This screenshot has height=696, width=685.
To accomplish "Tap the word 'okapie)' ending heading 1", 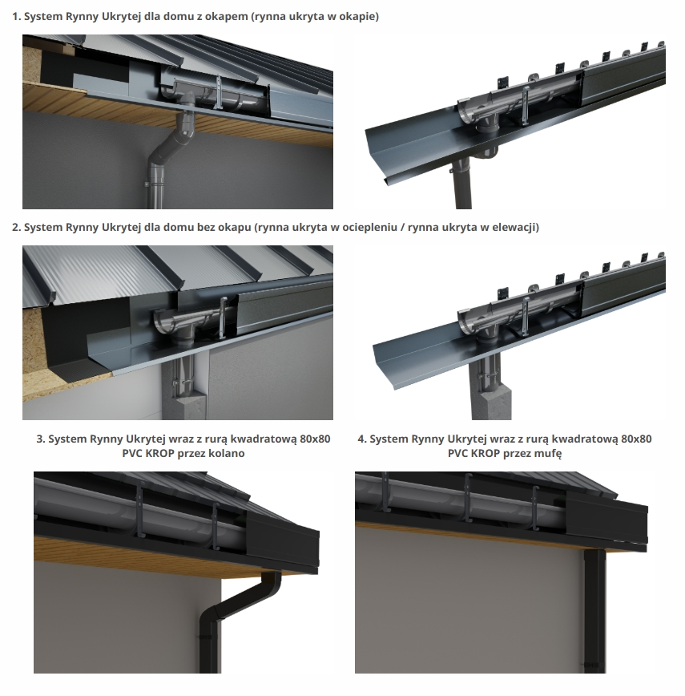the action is point(362,16).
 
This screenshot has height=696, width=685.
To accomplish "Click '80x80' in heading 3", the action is point(315,439).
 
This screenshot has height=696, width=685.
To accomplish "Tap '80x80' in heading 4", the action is point(636,439).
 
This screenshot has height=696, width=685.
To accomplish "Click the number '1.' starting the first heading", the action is point(16,17).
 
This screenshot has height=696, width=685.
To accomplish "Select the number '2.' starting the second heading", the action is point(16,228).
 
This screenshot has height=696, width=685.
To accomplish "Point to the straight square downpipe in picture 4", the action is point(594,612).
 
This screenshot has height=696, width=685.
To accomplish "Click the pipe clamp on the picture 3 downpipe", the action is point(206,637).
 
